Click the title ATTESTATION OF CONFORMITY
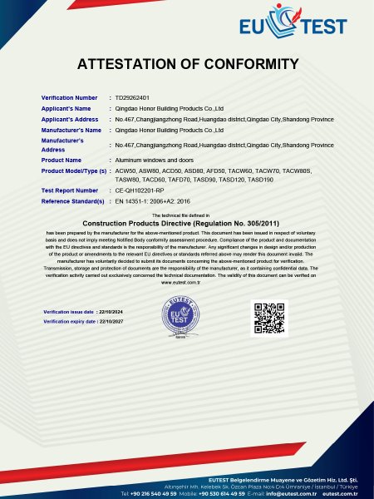pos(187,64)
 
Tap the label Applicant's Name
pos(66,108)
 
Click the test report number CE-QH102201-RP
pos(143,190)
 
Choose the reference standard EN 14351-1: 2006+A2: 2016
pos(154,201)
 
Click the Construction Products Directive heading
pos(187,224)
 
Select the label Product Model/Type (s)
pos(74,170)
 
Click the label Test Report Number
pos(69,190)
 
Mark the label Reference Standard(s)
pos(72,201)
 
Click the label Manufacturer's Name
pos(71,130)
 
